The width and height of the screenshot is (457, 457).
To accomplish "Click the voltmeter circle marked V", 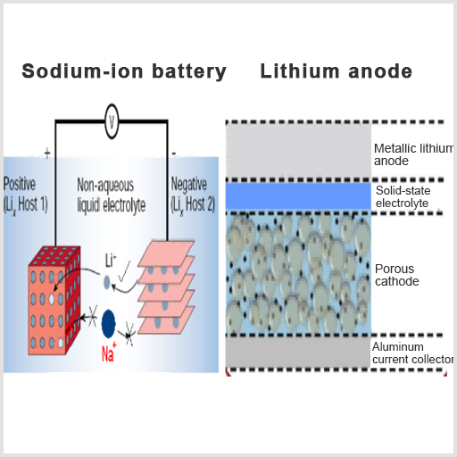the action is (x=112, y=121).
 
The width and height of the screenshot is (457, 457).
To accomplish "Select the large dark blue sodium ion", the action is (x=108, y=324).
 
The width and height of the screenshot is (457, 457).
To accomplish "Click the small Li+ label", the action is (x=111, y=261).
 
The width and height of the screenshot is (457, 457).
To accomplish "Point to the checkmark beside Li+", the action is (x=124, y=271).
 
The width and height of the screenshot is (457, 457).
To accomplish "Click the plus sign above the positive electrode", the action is (x=47, y=154).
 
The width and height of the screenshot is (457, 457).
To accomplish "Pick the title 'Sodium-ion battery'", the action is (x=124, y=71).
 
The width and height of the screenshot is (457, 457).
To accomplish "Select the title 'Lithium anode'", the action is (x=337, y=71).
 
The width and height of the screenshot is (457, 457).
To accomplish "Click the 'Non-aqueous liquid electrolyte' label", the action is (x=112, y=195).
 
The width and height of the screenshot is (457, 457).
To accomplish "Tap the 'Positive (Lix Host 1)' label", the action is (x=26, y=195).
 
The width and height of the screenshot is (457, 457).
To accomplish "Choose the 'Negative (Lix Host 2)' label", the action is (x=193, y=195).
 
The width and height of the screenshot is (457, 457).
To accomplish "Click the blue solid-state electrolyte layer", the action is (x=298, y=196).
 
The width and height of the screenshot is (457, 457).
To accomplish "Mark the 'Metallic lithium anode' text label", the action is (x=413, y=154).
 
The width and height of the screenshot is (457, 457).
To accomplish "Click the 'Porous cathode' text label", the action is (x=396, y=275).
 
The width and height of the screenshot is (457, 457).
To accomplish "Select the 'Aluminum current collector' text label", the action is (x=412, y=353).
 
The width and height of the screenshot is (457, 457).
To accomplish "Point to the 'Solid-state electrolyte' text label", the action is (x=403, y=196).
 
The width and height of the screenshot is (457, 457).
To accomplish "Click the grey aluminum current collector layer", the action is (x=298, y=353).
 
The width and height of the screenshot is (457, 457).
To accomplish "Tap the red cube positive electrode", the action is (x=54, y=301).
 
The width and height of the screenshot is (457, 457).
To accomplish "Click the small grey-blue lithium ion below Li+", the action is (x=107, y=282).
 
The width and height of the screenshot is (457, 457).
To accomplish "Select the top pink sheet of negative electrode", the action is (x=167, y=253).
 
